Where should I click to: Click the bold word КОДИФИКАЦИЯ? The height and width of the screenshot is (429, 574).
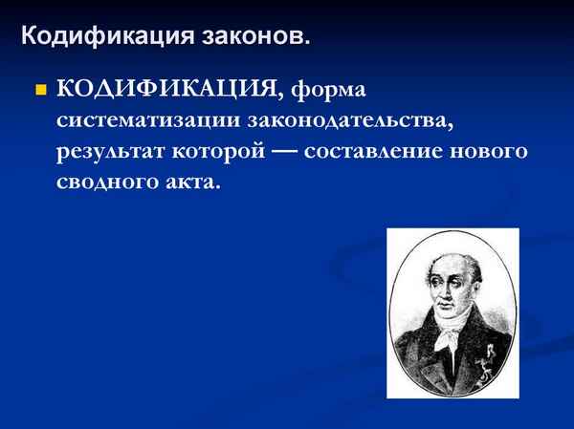(168, 90)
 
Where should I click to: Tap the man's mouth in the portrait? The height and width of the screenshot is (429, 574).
(444, 313)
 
